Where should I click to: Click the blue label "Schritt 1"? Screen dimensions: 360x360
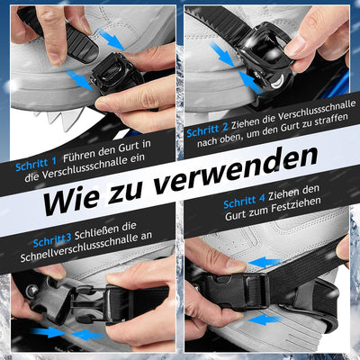point(36,165)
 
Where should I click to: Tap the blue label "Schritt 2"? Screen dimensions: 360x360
point(207,130)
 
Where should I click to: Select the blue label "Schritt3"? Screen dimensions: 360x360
point(52,239)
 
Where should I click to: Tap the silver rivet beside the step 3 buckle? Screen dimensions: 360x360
point(32,290)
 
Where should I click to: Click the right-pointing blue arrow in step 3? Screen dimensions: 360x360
point(49,332)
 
